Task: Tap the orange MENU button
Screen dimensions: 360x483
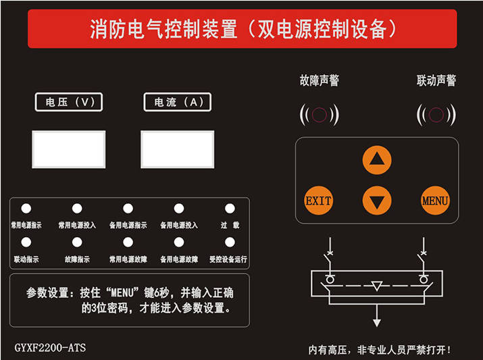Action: coord(435,201)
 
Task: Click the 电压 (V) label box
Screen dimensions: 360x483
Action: coord(69,102)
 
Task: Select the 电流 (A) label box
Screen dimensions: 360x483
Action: coord(178,102)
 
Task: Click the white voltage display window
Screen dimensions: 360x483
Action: coord(69,149)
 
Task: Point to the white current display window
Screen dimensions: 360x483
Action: coord(178,149)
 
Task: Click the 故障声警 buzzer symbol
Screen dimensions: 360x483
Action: coord(319,114)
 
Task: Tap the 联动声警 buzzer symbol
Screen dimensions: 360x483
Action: coord(436,114)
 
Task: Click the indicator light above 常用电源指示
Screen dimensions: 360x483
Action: coord(26,209)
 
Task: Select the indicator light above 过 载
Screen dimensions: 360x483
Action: coord(230,209)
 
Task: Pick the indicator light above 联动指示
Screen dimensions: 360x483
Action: coord(26,242)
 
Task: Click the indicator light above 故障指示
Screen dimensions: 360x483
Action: coord(77,242)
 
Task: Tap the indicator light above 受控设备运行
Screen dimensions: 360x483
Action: coord(230,242)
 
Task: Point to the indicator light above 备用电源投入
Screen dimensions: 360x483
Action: coord(178,209)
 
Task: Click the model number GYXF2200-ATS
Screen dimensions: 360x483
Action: coord(50,349)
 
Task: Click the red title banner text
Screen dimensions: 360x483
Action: coord(242,29)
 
